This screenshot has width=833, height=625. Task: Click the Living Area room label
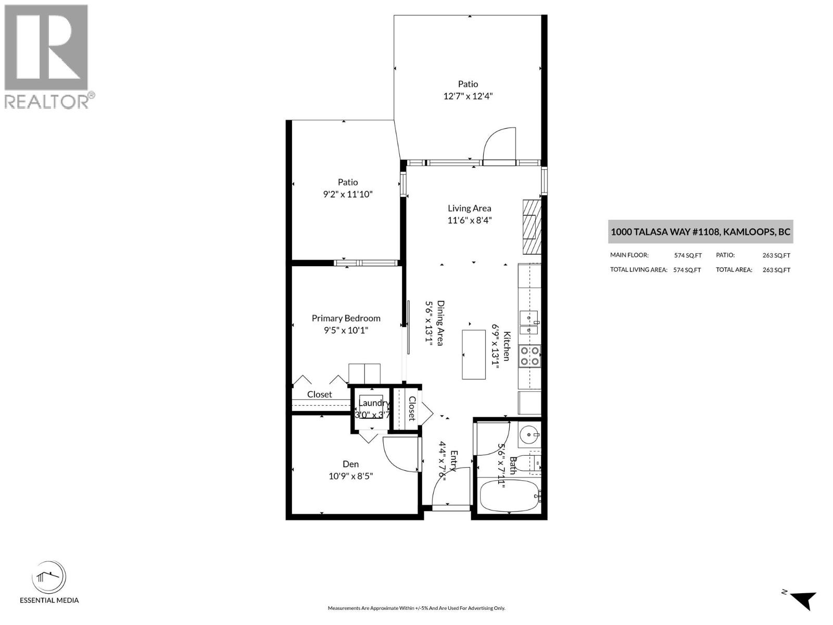click(469, 208)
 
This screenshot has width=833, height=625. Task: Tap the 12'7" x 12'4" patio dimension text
click(468, 96)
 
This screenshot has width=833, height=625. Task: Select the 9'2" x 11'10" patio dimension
click(348, 194)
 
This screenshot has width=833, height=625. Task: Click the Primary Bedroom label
click(346, 318)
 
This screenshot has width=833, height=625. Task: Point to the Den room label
click(350, 464)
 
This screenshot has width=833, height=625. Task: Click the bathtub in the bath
click(509, 496)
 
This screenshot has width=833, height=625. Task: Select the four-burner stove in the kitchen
click(530, 356)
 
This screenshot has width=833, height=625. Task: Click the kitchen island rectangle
click(474, 354)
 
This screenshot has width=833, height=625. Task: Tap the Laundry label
click(373, 403)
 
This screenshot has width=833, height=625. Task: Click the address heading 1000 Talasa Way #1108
click(700, 232)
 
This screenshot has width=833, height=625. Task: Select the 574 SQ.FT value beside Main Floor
click(687, 255)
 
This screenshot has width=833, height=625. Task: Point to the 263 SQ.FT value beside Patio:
click(776, 255)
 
